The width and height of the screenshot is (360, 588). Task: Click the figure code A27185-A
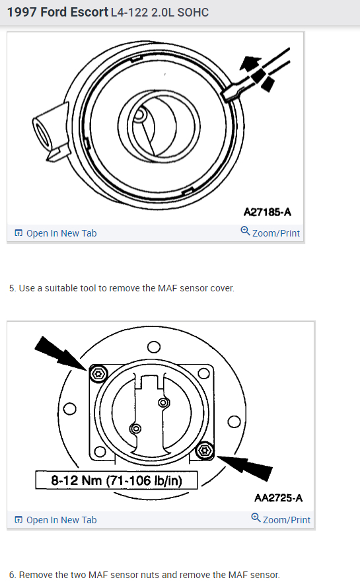click(x=268, y=212)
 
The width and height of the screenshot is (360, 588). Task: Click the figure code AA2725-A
click(x=278, y=497)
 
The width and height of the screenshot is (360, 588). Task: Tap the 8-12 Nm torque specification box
click(x=116, y=480)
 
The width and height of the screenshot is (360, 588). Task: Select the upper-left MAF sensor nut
click(x=98, y=373)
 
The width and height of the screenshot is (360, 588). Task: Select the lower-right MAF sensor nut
click(x=205, y=451)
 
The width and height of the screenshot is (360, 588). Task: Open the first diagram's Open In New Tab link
click(x=55, y=233)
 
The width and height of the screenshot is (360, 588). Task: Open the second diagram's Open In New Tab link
click(x=55, y=520)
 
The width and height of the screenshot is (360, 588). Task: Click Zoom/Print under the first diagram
click(x=270, y=233)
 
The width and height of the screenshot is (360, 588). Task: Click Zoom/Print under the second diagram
click(x=281, y=519)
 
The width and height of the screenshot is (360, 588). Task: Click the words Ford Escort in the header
click(x=74, y=12)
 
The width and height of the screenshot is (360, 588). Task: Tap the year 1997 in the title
click(x=22, y=12)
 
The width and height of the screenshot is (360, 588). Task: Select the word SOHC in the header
click(x=193, y=13)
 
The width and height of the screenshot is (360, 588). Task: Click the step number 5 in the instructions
click(x=12, y=288)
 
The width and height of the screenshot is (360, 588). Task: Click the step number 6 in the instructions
click(x=12, y=575)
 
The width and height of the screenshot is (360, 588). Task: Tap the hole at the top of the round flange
click(x=154, y=347)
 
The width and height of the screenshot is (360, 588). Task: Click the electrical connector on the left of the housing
click(x=50, y=132)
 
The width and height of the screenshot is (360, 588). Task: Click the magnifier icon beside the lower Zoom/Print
click(x=256, y=517)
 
